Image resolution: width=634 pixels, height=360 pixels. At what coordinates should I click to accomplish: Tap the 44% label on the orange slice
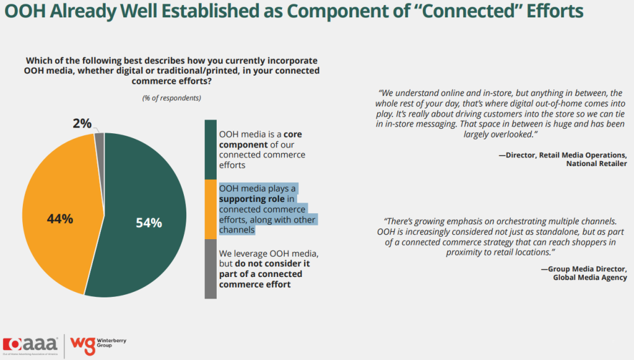60,219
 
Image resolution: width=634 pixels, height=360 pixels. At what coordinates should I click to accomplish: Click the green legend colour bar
211,149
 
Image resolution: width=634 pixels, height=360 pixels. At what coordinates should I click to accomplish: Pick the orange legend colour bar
211,209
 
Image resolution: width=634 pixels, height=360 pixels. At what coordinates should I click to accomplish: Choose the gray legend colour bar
211,268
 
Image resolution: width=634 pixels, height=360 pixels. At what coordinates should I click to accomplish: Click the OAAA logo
31,345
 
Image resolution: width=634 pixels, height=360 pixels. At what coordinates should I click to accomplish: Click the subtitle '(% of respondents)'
172,98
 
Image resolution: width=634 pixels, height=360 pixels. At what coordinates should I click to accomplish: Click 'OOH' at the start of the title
23,12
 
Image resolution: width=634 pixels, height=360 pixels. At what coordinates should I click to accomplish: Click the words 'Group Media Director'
588,268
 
